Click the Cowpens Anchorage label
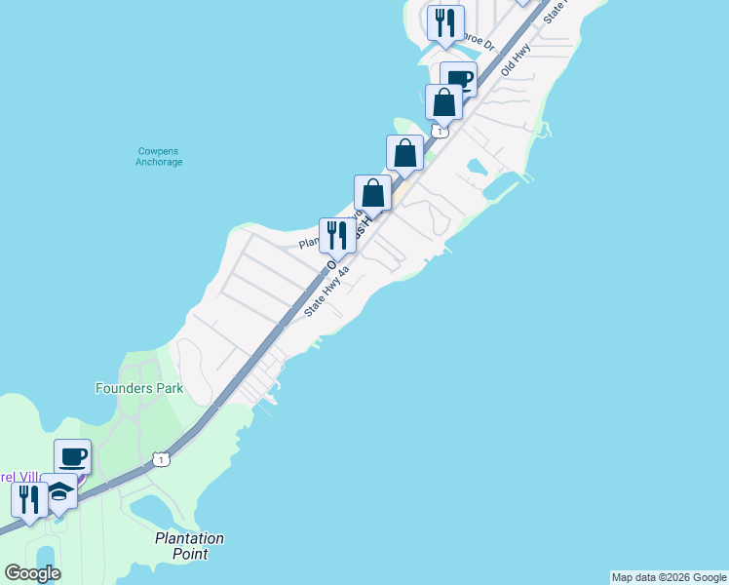[x=159, y=156]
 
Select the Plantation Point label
[x=190, y=546]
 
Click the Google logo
[x=32, y=573]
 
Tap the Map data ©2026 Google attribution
[x=669, y=577]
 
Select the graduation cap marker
[x=60, y=494]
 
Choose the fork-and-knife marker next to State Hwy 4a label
[x=337, y=235]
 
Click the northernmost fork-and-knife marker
[x=445, y=23]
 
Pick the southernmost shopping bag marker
[x=372, y=192]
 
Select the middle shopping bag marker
[x=404, y=153]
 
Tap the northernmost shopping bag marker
[x=443, y=102]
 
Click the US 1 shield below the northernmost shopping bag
[x=441, y=131]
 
